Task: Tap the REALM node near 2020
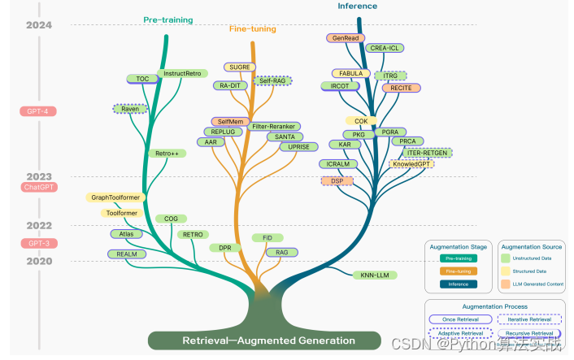tap(126, 254)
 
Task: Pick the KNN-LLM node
tap(376, 275)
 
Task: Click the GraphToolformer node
tap(116, 197)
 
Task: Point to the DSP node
tap(337, 180)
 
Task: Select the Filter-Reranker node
tap(274, 127)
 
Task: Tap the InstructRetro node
tap(181, 73)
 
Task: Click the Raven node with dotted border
tap(129, 108)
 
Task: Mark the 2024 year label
tap(38, 25)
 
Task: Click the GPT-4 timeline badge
tap(37, 111)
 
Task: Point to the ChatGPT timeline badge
tap(40, 188)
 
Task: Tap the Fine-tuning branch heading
tap(252, 28)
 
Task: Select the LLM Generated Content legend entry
tap(533, 284)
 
